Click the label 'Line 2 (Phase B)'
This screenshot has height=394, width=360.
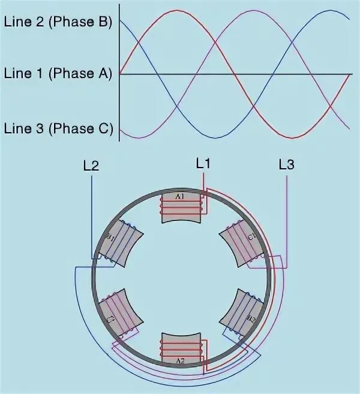pos(58,23)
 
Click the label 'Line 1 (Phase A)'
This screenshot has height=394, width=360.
pos(58,74)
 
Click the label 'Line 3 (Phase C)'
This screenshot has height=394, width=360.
pos(58,128)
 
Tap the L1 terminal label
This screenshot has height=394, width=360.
pos(204,163)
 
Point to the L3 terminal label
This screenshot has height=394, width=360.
pos(286,165)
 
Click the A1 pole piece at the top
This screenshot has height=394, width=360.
pos(180,207)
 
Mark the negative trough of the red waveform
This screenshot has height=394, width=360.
pos(293,138)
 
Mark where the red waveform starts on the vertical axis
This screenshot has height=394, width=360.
pos(119,74)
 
